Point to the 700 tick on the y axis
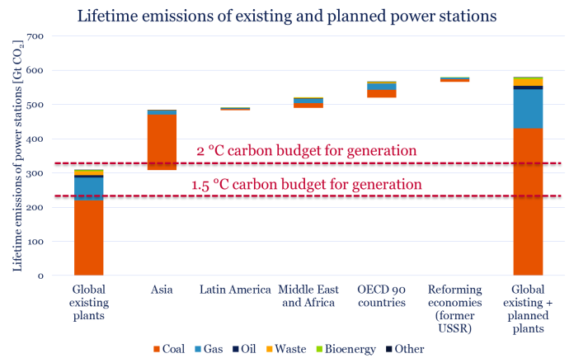[35, 37]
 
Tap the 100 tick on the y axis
[35, 242]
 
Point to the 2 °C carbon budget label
[306, 151]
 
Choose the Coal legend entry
[173, 349]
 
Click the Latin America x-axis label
[235, 290]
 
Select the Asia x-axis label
[162, 290]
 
